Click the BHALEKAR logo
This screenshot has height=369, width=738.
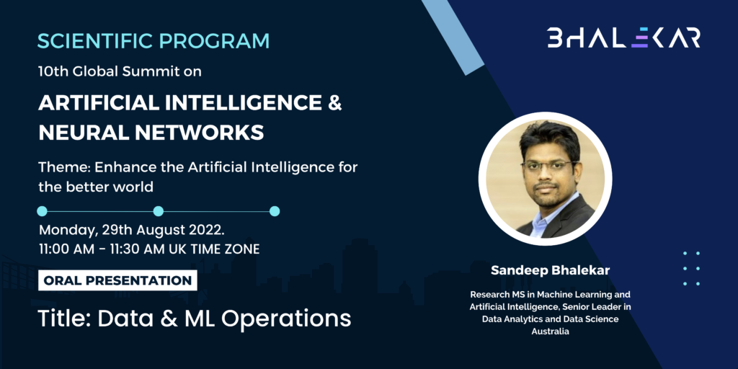(623, 37)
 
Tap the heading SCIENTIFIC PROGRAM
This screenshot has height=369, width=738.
(154, 41)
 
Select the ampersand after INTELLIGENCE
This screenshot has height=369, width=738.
(334, 103)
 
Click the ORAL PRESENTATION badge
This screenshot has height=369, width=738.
(117, 280)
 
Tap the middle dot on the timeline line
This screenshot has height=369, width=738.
(159, 211)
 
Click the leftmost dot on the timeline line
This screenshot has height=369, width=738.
(42, 211)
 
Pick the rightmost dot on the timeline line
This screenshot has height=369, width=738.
(275, 211)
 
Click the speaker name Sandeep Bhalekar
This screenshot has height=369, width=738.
(550, 271)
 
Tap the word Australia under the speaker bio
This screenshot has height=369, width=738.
(550, 332)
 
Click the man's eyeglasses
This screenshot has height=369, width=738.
(549, 166)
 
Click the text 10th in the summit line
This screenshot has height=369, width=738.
(50, 72)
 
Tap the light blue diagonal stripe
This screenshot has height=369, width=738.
(453, 37)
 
